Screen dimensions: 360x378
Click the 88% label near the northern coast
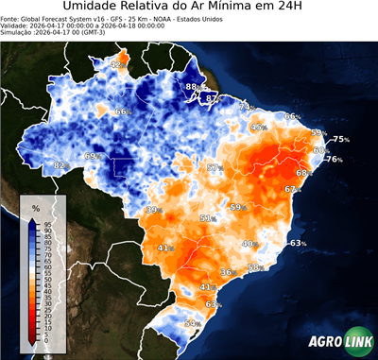(192, 87)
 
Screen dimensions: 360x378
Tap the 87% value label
(213, 98)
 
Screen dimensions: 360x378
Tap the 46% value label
(259, 127)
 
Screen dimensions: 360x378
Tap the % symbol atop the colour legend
(35, 207)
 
